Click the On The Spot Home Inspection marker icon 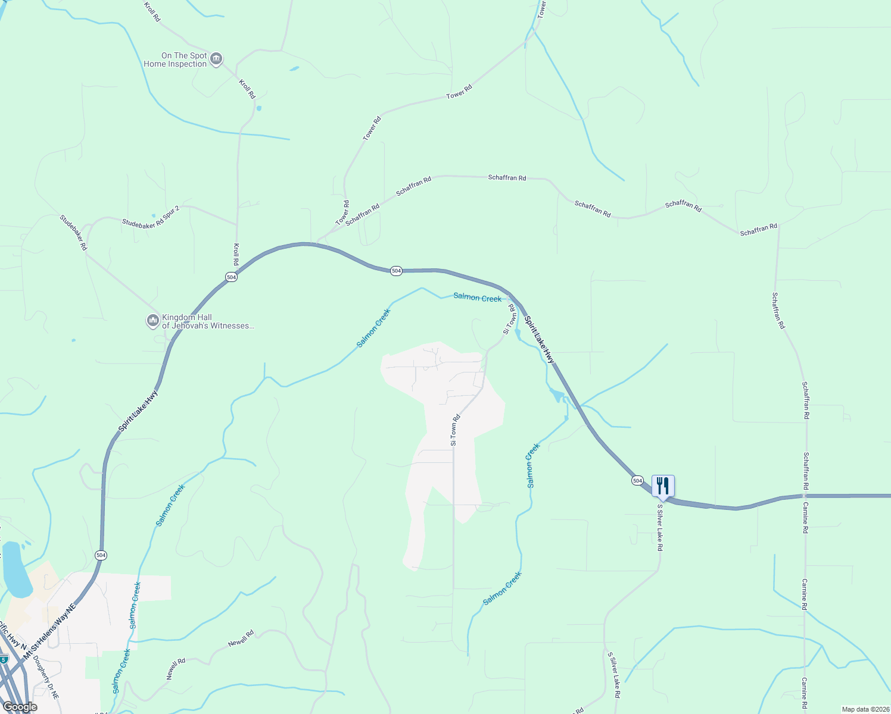point(216,59)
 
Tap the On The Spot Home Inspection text point(175,59)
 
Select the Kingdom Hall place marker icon point(152,321)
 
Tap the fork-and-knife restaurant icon point(662,486)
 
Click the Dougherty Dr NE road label point(46,677)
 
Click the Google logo point(20,707)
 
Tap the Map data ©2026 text point(865,709)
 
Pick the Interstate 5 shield point(4,659)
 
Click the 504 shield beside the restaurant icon point(637,480)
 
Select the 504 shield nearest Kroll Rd point(231,277)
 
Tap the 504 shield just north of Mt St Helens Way point(101,555)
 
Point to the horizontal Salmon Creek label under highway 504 point(477,297)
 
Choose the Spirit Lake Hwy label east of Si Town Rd point(539,340)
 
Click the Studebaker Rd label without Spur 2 point(73,232)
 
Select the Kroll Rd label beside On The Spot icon point(247,89)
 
